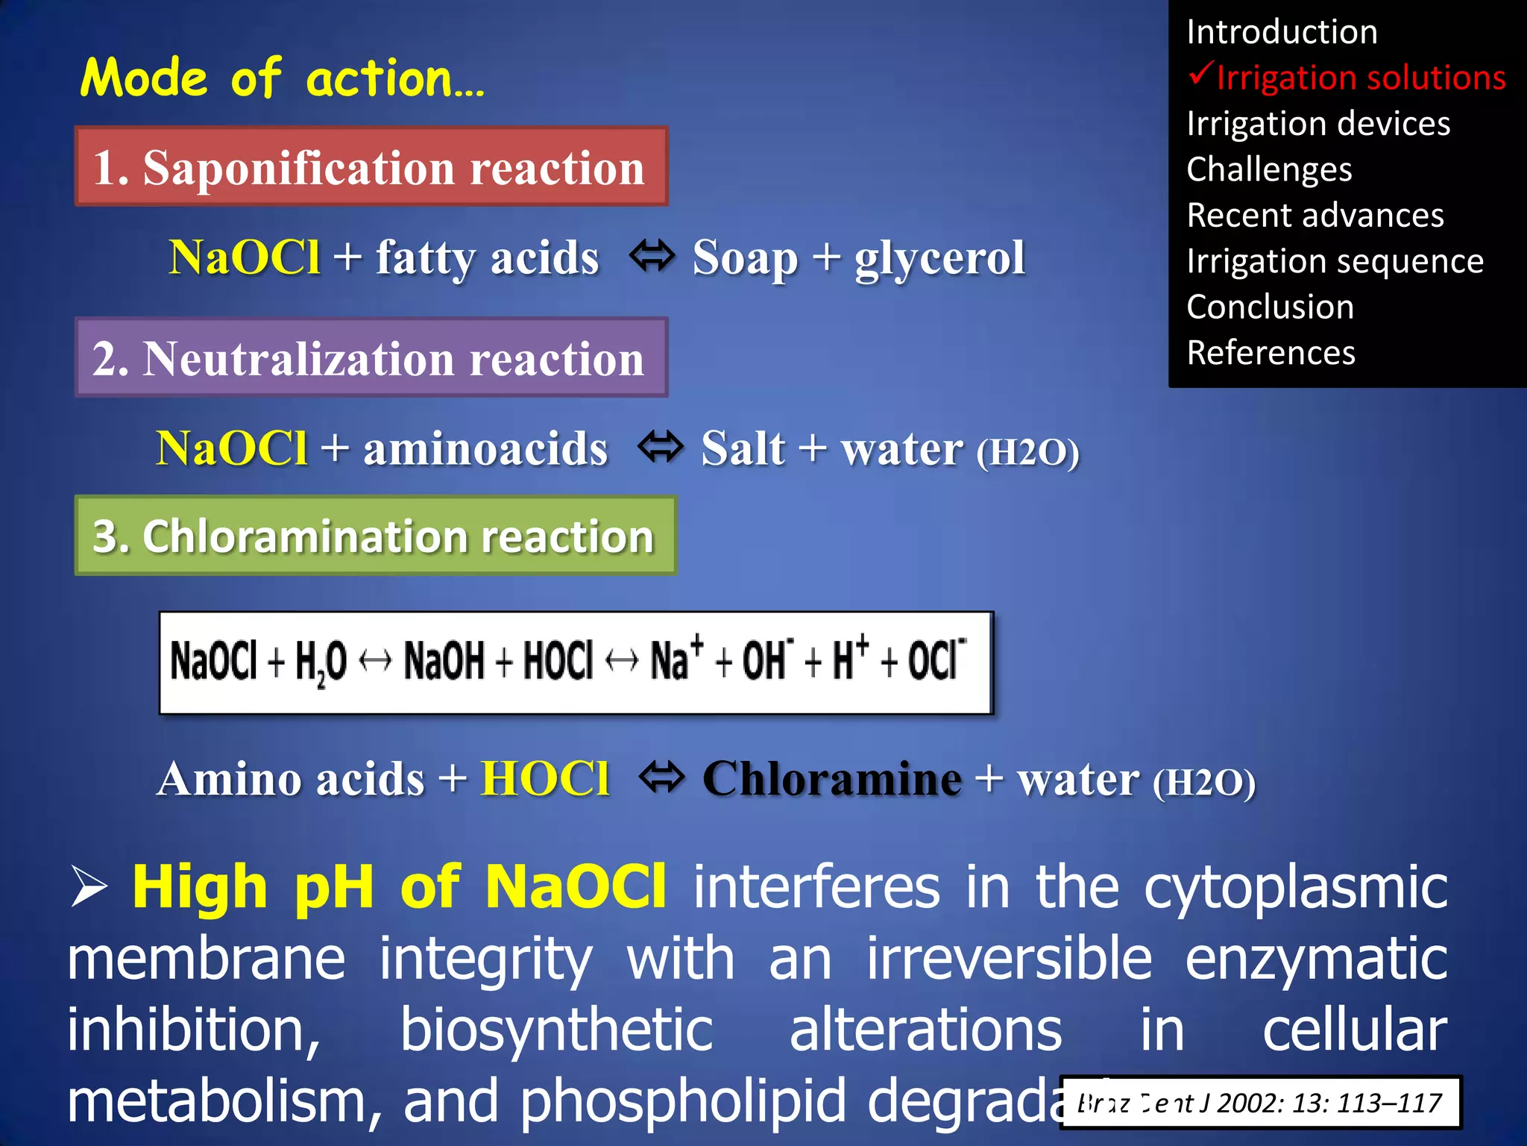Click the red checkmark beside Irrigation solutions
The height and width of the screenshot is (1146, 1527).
click(x=1201, y=75)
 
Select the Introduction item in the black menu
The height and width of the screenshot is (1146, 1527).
click(x=1282, y=32)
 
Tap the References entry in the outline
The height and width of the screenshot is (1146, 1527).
click(x=1271, y=353)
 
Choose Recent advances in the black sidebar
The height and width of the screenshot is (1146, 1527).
click(x=1315, y=216)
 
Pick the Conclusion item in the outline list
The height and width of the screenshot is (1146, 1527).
click(x=1270, y=307)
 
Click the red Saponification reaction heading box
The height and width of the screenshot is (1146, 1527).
click(x=371, y=167)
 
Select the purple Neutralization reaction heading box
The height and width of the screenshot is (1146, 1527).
click(x=371, y=358)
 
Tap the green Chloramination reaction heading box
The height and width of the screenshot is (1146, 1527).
click(x=375, y=536)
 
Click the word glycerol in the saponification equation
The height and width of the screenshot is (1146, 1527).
click(x=939, y=259)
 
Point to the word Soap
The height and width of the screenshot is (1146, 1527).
click(x=745, y=259)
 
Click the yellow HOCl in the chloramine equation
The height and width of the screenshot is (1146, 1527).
click(x=545, y=779)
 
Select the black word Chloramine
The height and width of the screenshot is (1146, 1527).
click(x=831, y=779)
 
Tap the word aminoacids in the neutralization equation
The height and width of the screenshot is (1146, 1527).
click(x=485, y=449)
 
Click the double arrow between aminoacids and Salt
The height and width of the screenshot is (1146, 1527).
click(x=661, y=447)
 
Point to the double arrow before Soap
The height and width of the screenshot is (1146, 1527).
click(x=652, y=256)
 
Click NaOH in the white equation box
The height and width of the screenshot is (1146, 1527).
click(x=444, y=661)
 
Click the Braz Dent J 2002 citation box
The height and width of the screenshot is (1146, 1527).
click(x=1260, y=1102)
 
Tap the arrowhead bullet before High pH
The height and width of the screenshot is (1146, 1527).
click(x=89, y=887)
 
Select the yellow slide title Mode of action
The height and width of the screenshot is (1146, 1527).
click(x=283, y=78)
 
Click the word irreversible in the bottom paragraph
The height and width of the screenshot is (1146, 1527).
click(x=1009, y=959)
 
